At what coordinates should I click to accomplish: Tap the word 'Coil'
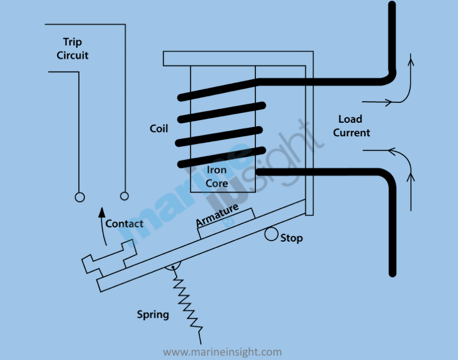click(159, 128)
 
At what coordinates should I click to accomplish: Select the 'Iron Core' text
click(217, 176)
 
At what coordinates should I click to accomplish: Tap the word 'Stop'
click(291, 238)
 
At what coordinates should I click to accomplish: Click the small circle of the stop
click(271, 234)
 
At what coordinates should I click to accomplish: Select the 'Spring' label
click(153, 314)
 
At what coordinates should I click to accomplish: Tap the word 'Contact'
click(124, 223)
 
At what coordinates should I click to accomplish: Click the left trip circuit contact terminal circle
click(80, 197)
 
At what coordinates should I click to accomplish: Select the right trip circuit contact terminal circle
click(124, 196)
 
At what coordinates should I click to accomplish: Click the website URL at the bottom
click(222, 352)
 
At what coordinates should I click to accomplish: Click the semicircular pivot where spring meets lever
click(173, 268)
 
